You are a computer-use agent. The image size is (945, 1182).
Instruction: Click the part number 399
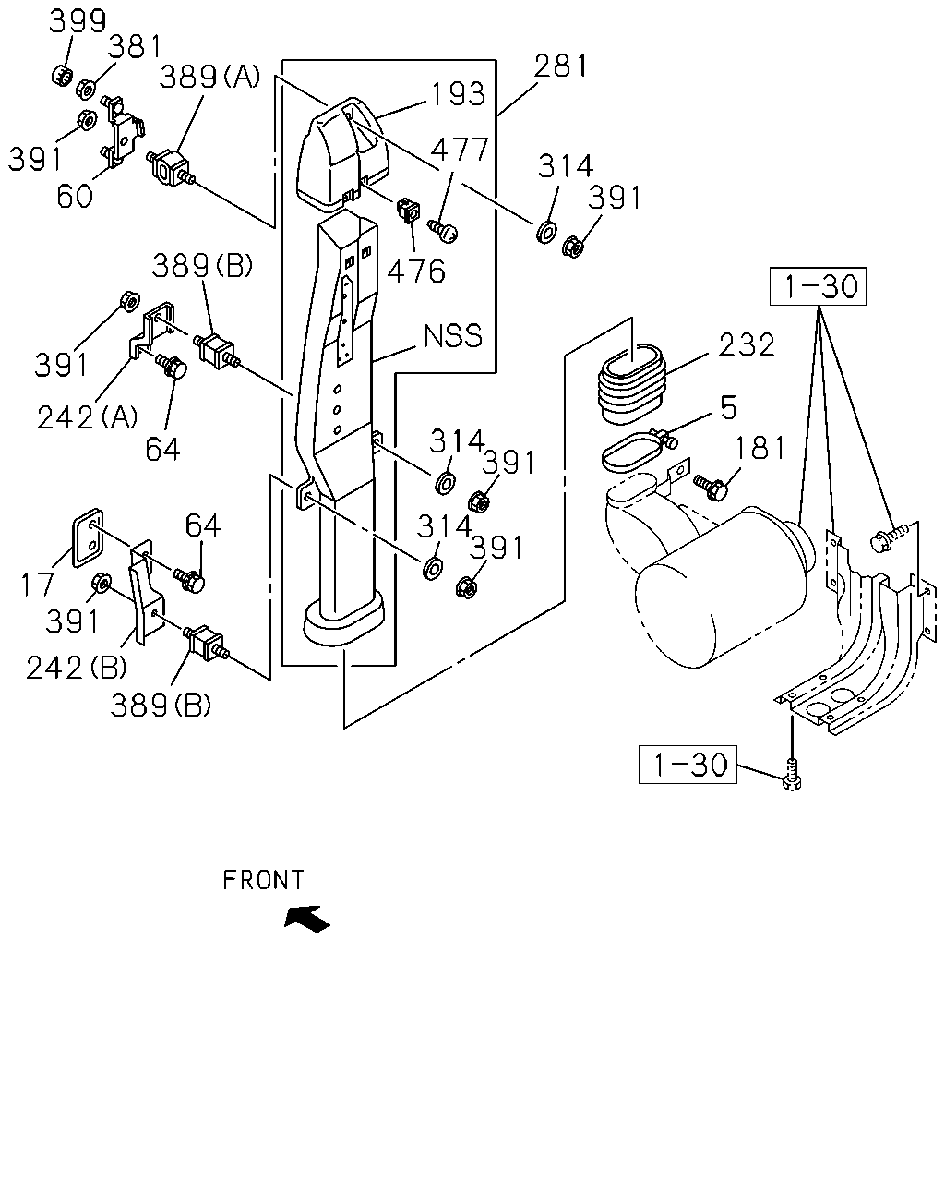pos(78,21)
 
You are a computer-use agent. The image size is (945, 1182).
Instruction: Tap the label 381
pos(135,47)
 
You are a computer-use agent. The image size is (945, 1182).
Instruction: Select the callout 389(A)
pos(209,77)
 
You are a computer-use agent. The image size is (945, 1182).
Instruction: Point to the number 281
pos(560,66)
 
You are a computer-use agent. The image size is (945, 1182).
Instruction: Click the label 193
pos(459,94)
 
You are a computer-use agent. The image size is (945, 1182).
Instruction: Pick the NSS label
pos(453,335)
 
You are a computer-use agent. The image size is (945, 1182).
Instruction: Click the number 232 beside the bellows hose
pos(747,344)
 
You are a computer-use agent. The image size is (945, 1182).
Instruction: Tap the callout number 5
pos(728,407)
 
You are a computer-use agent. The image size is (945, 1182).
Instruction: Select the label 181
pos(760,447)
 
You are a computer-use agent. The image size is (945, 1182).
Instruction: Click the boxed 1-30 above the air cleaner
pos(819,286)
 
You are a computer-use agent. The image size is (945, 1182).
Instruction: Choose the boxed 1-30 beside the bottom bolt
pos(688,764)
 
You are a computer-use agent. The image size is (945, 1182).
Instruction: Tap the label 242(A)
pos(88,417)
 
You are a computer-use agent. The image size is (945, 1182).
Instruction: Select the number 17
pos(37,584)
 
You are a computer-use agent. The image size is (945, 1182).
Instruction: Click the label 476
pos(416,271)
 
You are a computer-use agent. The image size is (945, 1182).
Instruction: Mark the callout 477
pos(460,150)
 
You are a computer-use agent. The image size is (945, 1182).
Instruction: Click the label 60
pos(75,196)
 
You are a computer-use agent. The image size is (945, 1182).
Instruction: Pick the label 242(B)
pos(77,668)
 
